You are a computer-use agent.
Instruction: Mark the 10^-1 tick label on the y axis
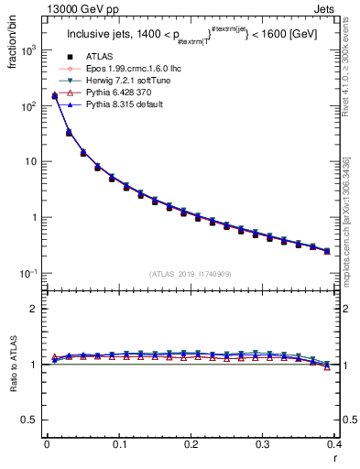tap(28, 274)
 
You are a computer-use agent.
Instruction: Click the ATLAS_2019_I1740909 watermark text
tap(190, 274)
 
